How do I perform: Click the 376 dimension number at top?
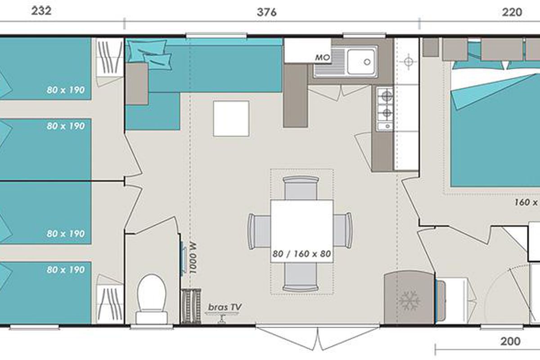(x=266, y=12)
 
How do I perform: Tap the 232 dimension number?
(x=41, y=11)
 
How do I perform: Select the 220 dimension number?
(x=512, y=12)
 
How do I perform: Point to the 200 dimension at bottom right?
(x=510, y=342)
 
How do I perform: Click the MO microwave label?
(x=323, y=58)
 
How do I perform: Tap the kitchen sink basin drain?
(x=367, y=62)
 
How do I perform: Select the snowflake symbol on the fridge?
(x=409, y=300)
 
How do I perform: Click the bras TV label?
(x=225, y=307)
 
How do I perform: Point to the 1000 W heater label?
(x=193, y=258)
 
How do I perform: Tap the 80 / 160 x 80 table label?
(x=301, y=254)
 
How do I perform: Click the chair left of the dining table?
(x=259, y=231)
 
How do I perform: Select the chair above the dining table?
(x=301, y=188)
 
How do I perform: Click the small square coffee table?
(x=231, y=119)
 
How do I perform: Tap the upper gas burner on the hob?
(x=387, y=96)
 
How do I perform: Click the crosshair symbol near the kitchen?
(x=408, y=62)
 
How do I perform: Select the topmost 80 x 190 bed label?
(x=66, y=90)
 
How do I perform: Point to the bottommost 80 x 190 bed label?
(x=66, y=270)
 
